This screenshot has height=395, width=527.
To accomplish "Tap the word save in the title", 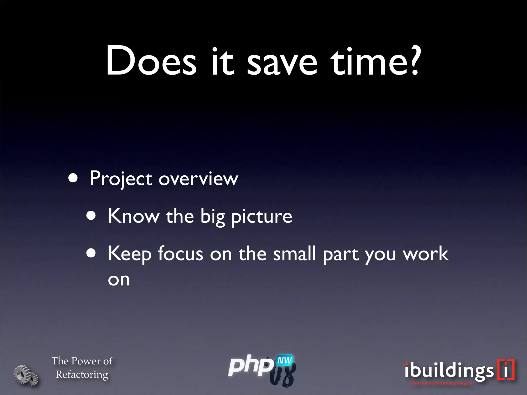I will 282,63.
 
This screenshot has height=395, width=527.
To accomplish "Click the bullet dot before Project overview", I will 73,178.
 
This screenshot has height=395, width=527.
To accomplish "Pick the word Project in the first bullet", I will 121,179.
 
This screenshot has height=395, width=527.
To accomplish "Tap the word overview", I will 198,179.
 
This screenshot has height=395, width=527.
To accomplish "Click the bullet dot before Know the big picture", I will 91,216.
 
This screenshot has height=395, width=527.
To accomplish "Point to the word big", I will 213,217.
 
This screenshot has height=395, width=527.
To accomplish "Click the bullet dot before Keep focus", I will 91,253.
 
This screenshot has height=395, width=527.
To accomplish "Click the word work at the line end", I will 426,254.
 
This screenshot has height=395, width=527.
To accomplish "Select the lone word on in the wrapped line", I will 119,280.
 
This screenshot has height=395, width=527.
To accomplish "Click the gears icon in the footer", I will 26,375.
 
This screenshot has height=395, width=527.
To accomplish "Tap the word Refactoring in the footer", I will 82,374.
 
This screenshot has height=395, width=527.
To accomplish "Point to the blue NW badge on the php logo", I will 285,360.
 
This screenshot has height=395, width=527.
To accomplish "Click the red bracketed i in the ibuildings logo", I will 506,370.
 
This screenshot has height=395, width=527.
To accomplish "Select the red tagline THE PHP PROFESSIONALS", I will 442,384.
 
